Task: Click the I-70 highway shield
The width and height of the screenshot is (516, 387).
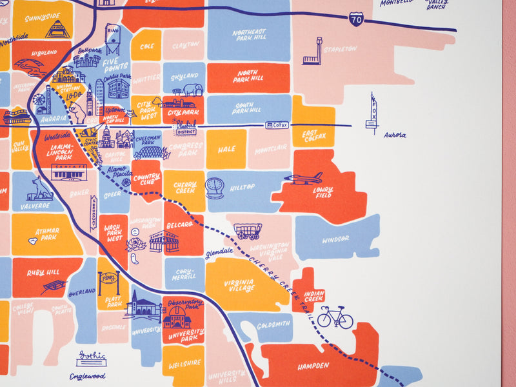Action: click(356, 19)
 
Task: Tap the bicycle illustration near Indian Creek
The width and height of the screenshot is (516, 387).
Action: click(335, 317)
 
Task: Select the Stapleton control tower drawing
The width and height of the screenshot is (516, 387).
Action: click(313, 52)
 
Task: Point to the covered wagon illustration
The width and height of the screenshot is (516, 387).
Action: click(247, 231)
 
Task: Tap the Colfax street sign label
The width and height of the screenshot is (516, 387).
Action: click(277, 124)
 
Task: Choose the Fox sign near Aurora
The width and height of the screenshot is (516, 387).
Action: click(373, 112)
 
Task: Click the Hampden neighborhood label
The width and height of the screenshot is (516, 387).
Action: click(313, 366)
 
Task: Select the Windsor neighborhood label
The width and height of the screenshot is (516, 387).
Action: click(335, 239)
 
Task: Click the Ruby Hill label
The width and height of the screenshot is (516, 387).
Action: click(43, 273)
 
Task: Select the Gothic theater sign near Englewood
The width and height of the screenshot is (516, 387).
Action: click(90, 357)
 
